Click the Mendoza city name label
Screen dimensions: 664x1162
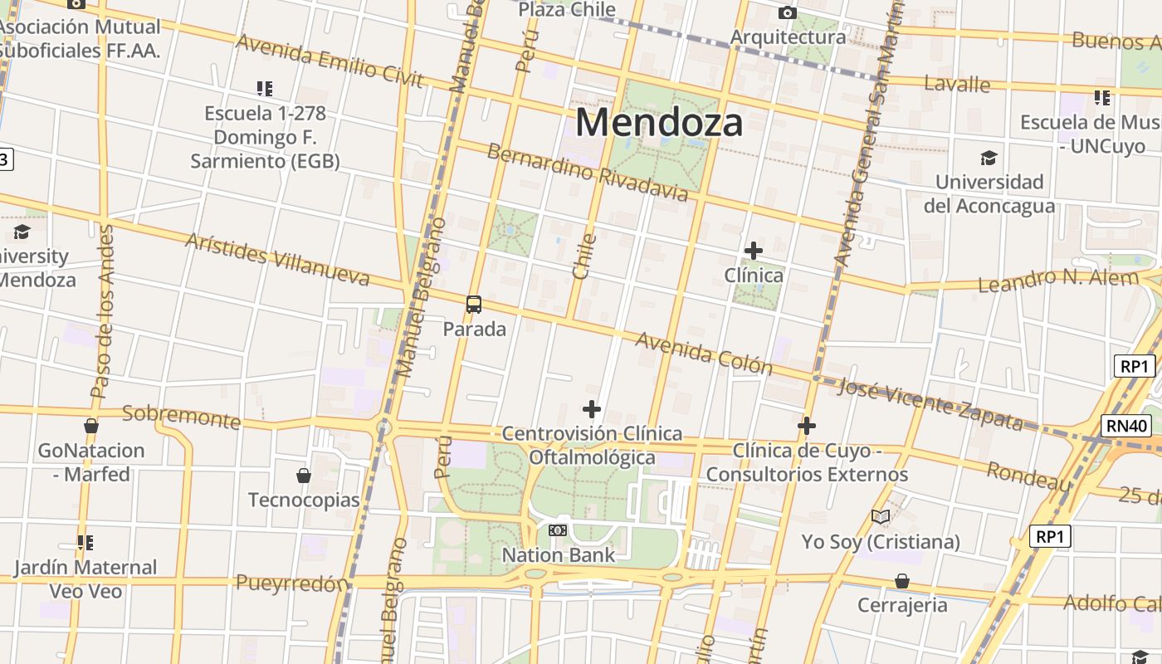click(x=659, y=122)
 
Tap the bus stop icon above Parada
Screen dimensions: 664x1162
click(x=474, y=305)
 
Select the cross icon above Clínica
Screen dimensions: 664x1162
click(x=753, y=250)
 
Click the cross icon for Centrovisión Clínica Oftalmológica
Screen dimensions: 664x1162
click(x=592, y=408)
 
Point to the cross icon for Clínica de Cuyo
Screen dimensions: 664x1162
click(x=806, y=426)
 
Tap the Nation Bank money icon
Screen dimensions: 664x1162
click(x=558, y=530)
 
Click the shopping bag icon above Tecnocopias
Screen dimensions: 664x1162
click(x=304, y=476)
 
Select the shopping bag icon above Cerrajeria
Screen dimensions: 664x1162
click(x=901, y=581)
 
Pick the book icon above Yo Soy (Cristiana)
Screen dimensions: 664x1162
click(x=881, y=517)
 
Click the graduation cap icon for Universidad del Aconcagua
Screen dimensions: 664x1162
click(x=988, y=158)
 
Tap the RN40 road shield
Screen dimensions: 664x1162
click(x=1127, y=426)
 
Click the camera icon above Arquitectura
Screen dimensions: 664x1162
click(x=787, y=12)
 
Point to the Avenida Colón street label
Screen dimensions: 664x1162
click(x=704, y=354)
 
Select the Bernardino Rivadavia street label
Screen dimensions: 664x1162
click(x=588, y=173)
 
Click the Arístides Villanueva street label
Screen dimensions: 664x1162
click(x=277, y=259)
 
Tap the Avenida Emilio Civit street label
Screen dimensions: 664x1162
click(x=330, y=61)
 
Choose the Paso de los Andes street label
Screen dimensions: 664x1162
click(x=100, y=311)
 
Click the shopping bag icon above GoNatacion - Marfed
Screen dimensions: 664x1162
click(x=91, y=426)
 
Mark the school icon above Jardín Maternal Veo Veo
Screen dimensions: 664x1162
click(x=85, y=543)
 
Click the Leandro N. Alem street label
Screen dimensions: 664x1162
click(x=1057, y=281)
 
